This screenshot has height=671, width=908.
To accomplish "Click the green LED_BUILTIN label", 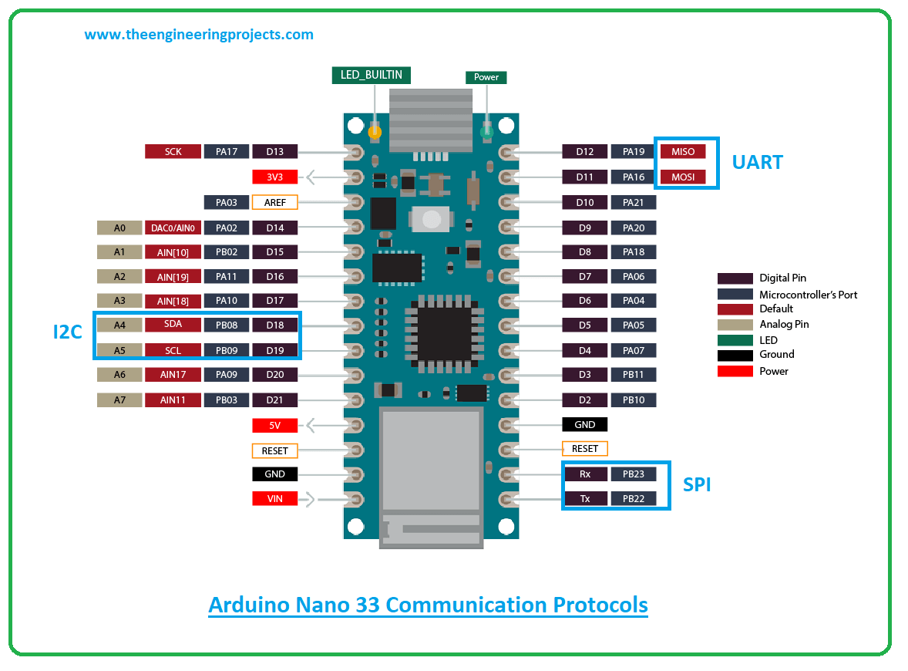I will pyautogui.click(x=371, y=75).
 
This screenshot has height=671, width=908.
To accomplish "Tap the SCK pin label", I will pyautogui.click(x=173, y=152).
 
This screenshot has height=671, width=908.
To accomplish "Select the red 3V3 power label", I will pyautogui.click(x=274, y=177).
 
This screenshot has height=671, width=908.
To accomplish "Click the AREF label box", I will pyautogui.click(x=274, y=202).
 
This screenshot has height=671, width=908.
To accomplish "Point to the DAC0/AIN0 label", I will pyautogui.click(x=173, y=228).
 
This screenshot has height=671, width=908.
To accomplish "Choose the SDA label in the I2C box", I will pyautogui.click(x=173, y=325).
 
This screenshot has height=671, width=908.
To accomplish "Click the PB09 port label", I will pyautogui.click(x=226, y=350).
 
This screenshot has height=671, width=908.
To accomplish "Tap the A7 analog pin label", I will pyautogui.click(x=119, y=400).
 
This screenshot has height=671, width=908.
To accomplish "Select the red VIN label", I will pyautogui.click(x=274, y=499).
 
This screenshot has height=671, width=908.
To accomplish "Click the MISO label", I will pyautogui.click(x=682, y=152).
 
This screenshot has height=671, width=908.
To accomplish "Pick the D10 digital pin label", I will pyautogui.click(x=584, y=202).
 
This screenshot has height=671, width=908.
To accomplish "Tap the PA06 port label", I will pyautogui.click(x=633, y=276).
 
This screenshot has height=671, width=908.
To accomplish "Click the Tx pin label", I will pyautogui.click(x=584, y=499).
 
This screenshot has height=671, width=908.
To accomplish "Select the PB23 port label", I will pyautogui.click(x=633, y=474).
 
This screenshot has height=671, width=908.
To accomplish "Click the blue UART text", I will pyautogui.click(x=757, y=163).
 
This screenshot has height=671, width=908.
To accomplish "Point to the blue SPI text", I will pyautogui.click(x=697, y=485).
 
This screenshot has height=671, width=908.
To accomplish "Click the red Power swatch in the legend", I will pyautogui.click(x=735, y=371).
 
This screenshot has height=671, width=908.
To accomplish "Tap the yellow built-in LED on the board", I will pyautogui.click(x=375, y=133).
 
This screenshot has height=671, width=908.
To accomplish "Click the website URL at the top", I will pyautogui.click(x=199, y=35).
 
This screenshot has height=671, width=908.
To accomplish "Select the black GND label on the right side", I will pyautogui.click(x=584, y=424).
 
